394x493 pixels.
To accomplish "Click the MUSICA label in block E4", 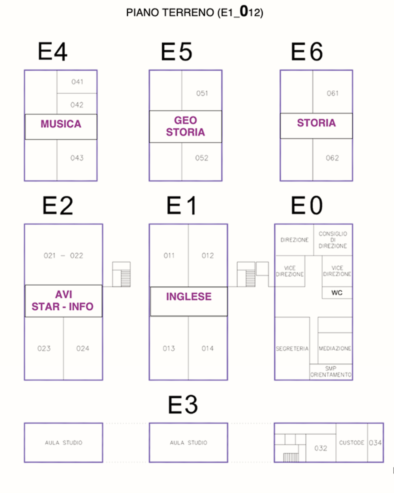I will (x=61, y=124).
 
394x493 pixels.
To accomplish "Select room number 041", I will (x=77, y=82).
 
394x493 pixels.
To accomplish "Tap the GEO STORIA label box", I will (x=185, y=126).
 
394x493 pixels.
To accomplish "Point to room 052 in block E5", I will (x=202, y=158).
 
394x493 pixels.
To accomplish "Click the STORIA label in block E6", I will (x=316, y=123).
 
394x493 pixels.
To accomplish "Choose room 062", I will (x=332, y=158).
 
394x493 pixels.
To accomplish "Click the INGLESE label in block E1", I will (x=189, y=297).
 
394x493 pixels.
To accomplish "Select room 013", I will (x=169, y=348).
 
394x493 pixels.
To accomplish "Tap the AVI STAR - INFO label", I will (x=63, y=301).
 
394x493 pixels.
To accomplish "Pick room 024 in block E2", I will (x=82, y=348).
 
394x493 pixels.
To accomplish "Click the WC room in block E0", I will (x=337, y=293).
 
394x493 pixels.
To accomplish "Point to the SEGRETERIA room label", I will (x=292, y=349).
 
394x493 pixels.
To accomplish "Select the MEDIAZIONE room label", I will (x=335, y=348).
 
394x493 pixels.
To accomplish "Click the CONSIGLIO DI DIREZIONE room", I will (x=332, y=240).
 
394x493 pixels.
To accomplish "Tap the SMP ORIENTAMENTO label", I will (x=331, y=372).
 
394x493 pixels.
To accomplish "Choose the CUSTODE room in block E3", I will (x=352, y=443).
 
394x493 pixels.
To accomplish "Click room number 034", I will (x=375, y=443).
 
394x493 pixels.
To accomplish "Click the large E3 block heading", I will (x=183, y=405).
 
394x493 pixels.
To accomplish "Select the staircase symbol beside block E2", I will (x=121, y=275).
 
